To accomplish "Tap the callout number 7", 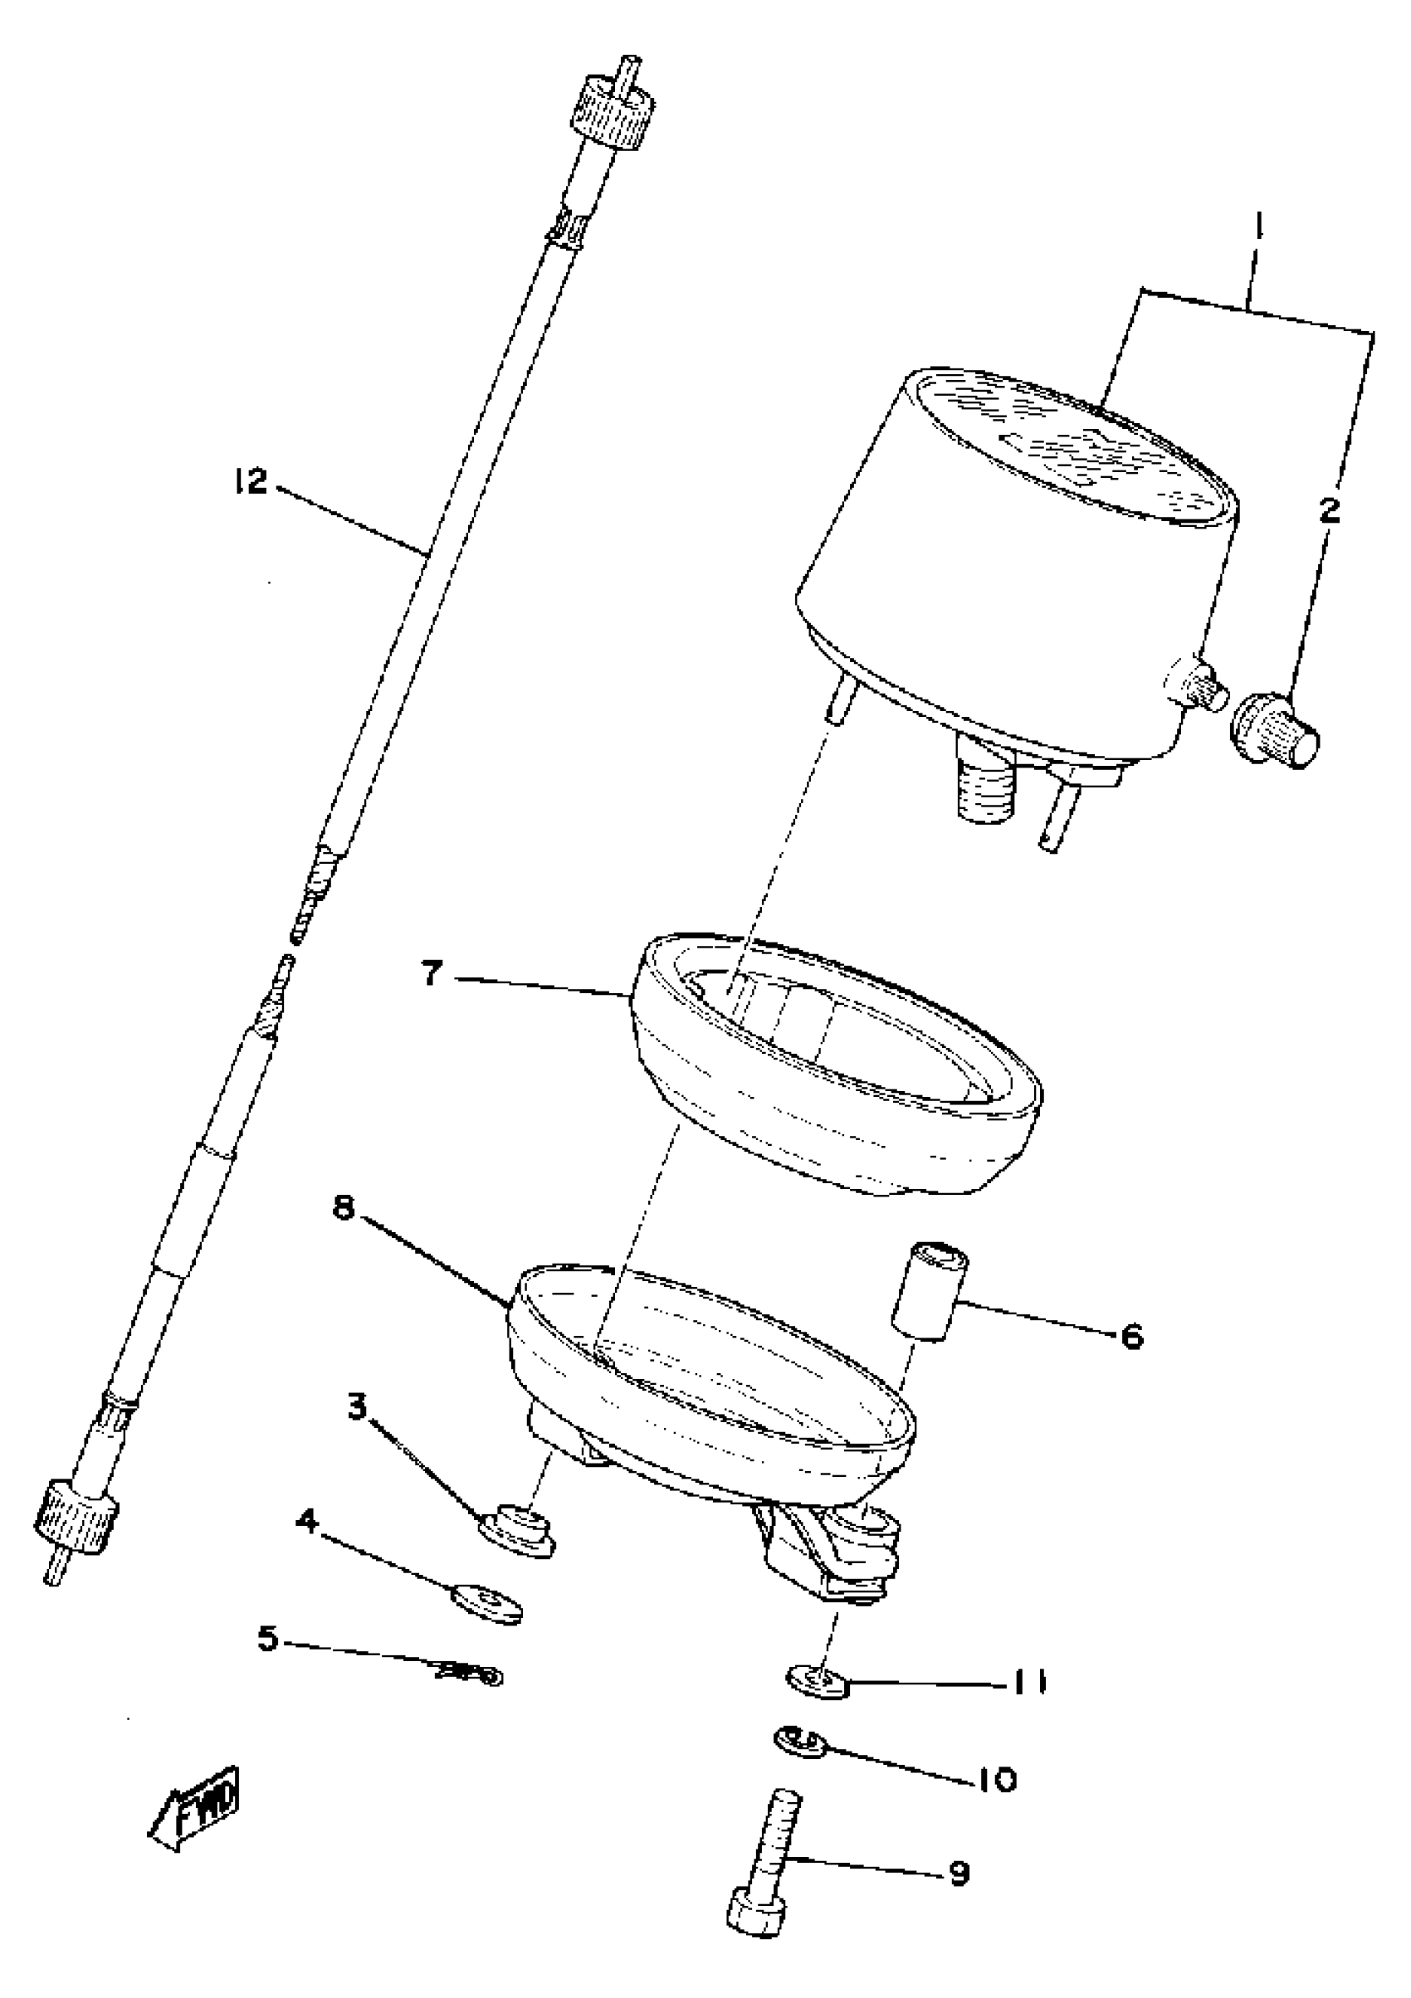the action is click(432, 974).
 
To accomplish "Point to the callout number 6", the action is click(1130, 1335).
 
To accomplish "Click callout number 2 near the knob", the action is click(1329, 511).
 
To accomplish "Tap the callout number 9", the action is click(959, 1873).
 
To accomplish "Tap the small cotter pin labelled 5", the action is click(470, 1672).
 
